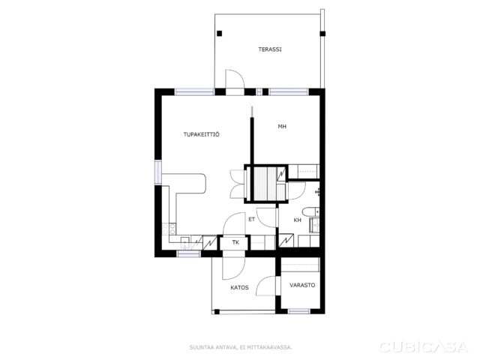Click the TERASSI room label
(x=270, y=49)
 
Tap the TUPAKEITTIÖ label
(x=202, y=134)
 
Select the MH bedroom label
(x=282, y=126)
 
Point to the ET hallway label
(x=252, y=219)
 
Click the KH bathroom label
(x=297, y=220)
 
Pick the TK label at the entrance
(x=235, y=242)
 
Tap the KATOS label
(x=239, y=287)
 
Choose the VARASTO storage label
(x=302, y=285)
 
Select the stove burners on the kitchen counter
(x=169, y=229)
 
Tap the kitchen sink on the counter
(x=185, y=242)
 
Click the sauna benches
(x=265, y=184)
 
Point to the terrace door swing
(x=235, y=79)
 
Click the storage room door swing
(x=266, y=286)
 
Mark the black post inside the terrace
(x=219, y=33)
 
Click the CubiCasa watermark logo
(x=423, y=346)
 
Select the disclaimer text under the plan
(x=241, y=347)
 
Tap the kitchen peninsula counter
(x=190, y=184)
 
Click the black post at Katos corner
(x=217, y=312)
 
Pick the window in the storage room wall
(x=299, y=311)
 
